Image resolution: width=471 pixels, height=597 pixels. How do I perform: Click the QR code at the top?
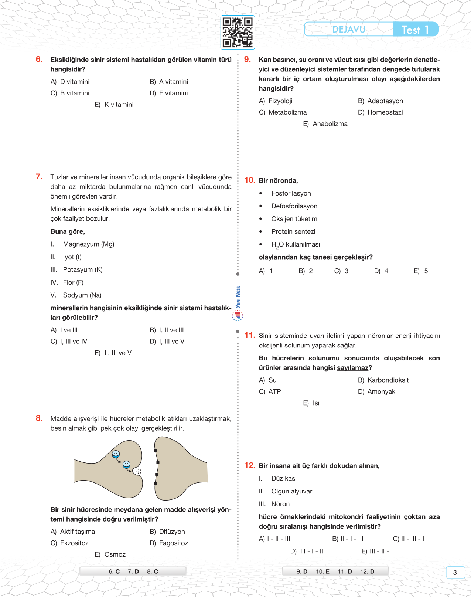coord(238,32)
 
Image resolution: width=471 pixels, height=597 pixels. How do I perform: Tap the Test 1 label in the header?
coord(415,30)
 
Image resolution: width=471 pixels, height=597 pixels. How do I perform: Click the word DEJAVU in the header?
coord(349,30)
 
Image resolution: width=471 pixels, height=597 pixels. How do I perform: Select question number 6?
coord(39,60)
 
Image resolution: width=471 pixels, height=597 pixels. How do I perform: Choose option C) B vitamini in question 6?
coord(70,93)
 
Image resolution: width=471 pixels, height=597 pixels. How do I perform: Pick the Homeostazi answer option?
coord(380,112)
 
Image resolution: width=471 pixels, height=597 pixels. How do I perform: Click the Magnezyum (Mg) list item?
coord(88,244)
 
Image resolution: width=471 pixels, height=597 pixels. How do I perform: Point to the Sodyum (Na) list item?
coord(82,295)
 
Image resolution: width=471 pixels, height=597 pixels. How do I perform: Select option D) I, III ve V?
coord(167,342)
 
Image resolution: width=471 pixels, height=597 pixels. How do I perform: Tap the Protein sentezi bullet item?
coord(293,232)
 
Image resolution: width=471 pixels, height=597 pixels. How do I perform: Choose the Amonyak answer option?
coord(377,392)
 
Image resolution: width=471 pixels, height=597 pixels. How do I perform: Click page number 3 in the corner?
coord(455,573)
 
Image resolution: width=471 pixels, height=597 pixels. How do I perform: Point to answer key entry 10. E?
coord(322,572)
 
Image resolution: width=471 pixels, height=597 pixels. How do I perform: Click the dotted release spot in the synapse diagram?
coord(138,471)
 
